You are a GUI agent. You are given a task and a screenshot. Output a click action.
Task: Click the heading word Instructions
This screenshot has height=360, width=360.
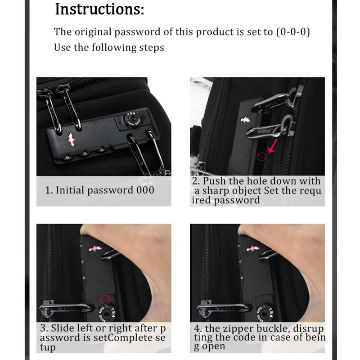coord(99,9)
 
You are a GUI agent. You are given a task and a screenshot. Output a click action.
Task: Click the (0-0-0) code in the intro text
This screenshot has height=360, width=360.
coord(293,31)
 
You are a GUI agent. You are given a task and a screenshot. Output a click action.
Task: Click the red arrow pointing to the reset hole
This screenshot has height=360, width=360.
coord(273,145)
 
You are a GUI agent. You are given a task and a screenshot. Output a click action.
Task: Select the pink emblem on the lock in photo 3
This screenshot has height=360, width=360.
coord(95,248)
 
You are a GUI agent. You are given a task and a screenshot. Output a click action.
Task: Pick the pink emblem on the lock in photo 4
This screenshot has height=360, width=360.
coord(253,248)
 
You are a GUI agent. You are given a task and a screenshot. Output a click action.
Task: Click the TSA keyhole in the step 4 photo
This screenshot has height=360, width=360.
coord(265,313)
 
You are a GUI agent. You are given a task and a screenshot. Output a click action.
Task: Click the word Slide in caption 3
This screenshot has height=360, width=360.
coord(61,328)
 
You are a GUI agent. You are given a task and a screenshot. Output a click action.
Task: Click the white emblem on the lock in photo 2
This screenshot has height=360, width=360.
coord(245,120)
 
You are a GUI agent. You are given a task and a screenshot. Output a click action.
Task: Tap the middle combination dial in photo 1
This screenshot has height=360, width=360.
coord(85,153)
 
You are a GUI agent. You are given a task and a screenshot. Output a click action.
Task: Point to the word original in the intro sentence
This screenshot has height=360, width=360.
coord(93,31)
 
